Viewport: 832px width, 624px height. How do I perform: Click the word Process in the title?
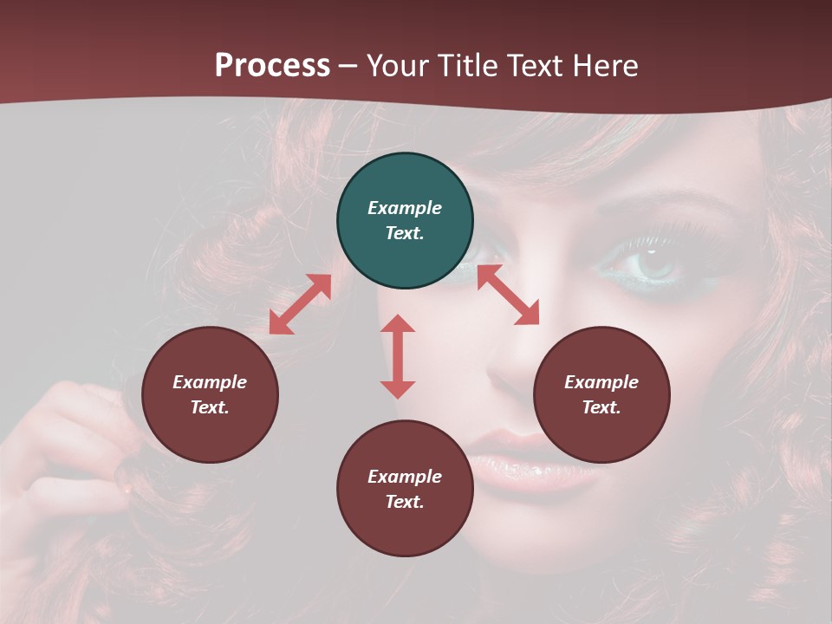point(272,66)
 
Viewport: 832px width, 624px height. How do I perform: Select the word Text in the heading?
point(532,66)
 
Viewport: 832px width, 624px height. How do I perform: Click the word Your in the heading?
point(398,66)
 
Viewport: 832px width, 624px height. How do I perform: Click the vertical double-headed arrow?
point(398,356)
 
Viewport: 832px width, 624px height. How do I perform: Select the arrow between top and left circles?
point(300,304)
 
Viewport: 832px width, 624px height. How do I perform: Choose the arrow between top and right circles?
point(508,295)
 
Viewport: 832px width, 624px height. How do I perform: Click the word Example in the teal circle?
point(405,208)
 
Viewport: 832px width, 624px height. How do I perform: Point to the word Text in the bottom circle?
point(405,502)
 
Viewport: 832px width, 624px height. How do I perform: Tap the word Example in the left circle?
point(210,382)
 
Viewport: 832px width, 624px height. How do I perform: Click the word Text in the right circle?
point(601,407)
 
